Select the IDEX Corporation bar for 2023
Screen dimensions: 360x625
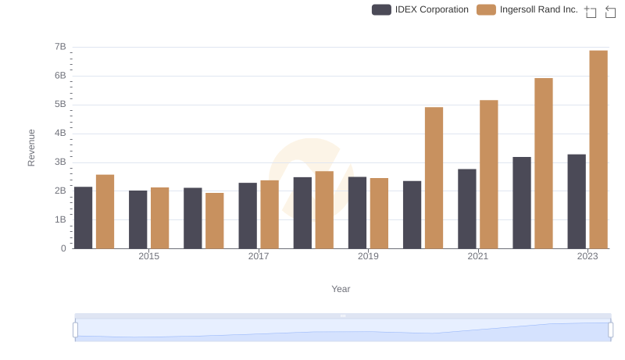point(577,201)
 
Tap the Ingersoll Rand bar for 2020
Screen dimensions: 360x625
point(434,178)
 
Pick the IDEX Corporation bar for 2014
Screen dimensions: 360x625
point(84,218)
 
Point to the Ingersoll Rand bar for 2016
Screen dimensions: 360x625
point(215,221)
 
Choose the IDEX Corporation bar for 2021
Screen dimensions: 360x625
point(467,209)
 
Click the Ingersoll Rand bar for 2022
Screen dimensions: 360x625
point(544,163)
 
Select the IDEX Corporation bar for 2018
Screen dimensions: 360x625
point(302,213)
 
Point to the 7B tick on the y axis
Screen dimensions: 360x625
point(60,47)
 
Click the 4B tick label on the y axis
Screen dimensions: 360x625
point(60,134)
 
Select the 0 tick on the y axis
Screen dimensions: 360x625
point(63,248)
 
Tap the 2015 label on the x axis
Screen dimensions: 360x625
point(149,256)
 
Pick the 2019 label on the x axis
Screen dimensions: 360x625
point(368,256)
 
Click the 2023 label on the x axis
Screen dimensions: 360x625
point(587,256)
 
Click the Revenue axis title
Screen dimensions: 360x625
point(31,148)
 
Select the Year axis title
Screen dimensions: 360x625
point(341,289)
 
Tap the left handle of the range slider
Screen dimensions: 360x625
point(76,330)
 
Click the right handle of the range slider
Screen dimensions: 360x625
point(611,330)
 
